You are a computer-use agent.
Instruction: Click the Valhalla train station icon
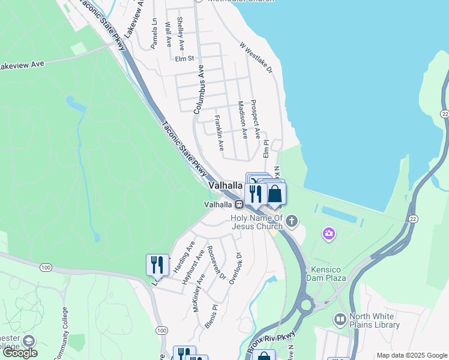[x=238, y=205]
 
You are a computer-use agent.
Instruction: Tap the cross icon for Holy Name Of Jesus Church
[x=292, y=221]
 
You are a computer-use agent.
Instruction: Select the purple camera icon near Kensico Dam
[x=328, y=233]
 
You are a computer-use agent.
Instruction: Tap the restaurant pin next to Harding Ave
[x=157, y=265]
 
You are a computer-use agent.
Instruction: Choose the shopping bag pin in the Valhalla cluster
[x=275, y=194]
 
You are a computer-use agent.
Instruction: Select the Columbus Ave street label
[x=199, y=90]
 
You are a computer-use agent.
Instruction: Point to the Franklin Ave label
[x=220, y=133]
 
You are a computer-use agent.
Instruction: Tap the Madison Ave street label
[x=244, y=120]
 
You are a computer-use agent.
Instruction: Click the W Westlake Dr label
[x=256, y=58]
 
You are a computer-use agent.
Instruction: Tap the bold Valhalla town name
[x=225, y=186]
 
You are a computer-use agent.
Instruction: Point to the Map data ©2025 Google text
[x=411, y=355]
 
